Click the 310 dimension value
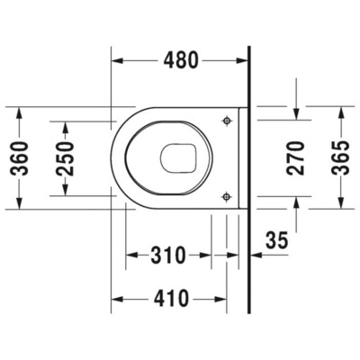[167, 256]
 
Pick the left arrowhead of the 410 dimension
[115, 296]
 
